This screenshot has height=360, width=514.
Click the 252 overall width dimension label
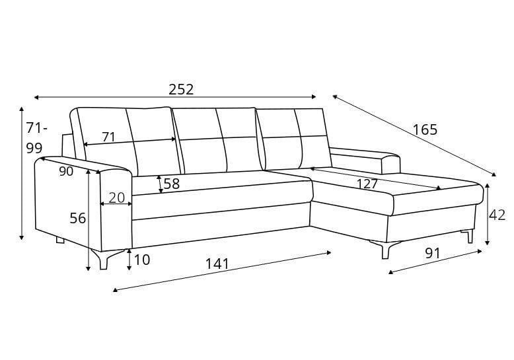[181, 89]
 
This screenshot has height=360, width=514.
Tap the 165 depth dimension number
[425, 130]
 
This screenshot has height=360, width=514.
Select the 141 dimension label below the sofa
[217, 264]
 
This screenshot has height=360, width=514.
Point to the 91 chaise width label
[433, 253]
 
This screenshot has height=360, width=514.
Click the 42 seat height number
[497, 215]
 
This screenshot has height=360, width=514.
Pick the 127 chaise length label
[367, 184]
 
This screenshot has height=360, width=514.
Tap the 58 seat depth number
[171, 184]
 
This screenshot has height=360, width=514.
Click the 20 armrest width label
[117, 198]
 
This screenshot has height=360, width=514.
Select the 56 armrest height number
[78, 218]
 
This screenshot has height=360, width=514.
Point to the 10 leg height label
[142, 260]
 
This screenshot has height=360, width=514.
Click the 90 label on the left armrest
[66, 171]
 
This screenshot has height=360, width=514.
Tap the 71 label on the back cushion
[108, 137]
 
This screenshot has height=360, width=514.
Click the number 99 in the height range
[34, 149]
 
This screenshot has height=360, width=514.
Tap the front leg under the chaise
[385, 250]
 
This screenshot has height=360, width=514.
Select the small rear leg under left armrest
[60, 240]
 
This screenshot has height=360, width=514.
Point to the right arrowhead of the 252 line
[314, 96]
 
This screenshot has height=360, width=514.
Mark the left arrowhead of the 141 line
[115, 290]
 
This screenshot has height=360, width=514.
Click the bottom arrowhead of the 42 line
[488, 242]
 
